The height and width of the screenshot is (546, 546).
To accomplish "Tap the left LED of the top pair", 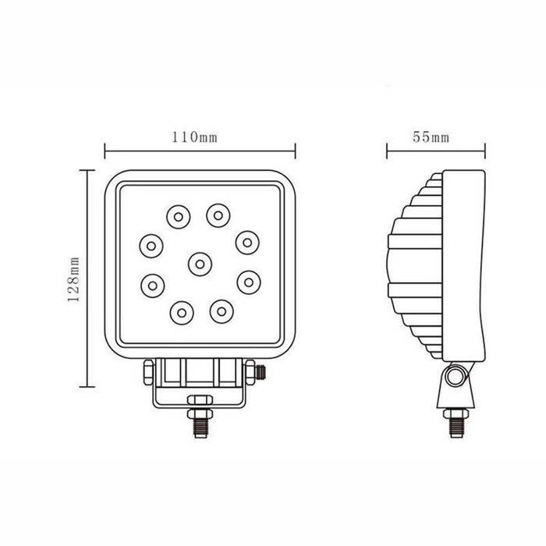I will click(x=177, y=214).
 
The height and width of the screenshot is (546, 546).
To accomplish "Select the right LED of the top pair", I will click(x=218, y=212).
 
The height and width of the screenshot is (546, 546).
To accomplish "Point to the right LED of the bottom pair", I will click(x=221, y=311).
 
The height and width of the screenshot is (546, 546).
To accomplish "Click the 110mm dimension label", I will click(x=194, y=137).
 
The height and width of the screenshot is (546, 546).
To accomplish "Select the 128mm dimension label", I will click(x=74, y=278).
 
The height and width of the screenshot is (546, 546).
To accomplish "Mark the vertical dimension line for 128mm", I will click(x=89, y=278).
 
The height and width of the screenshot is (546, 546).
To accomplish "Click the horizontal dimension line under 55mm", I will click(x=436, y=151).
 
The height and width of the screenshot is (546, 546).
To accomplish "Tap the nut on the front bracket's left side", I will click(x=148, y=372).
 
